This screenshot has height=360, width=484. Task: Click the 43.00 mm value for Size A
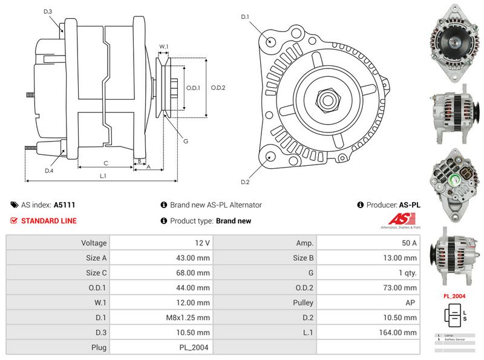[194, 258]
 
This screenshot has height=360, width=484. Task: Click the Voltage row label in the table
[94, 243]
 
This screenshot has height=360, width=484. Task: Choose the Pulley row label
[303, 302]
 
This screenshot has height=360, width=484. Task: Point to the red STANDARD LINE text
[49, 221]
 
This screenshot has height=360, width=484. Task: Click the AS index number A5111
[64, 205]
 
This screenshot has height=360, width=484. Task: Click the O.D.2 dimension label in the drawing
[218, 88]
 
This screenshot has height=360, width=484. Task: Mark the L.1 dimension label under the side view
[103, 176]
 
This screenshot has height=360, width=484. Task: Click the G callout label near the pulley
[186, 141]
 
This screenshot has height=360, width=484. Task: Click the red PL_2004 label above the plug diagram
[454, 296]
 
